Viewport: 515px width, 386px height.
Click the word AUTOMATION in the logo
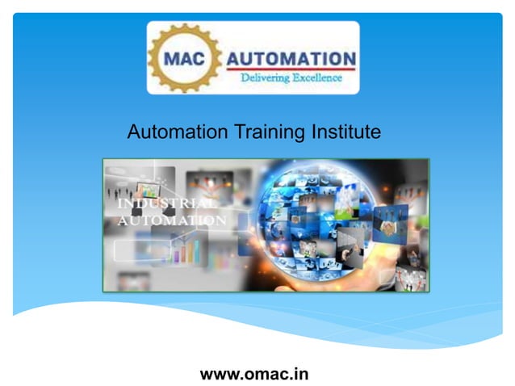291,59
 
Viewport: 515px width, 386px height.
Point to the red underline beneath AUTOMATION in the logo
291,69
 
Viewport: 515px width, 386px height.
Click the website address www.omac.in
254,374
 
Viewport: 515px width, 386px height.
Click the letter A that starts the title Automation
134,132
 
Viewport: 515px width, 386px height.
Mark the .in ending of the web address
299,374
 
